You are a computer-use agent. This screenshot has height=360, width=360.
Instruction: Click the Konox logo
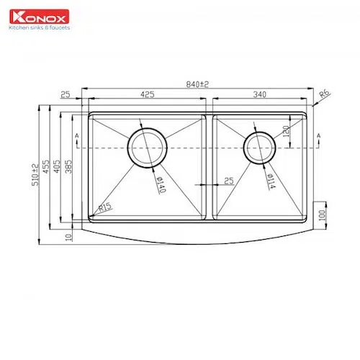[40, 17]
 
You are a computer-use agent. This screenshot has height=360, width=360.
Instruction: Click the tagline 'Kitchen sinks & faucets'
[40, 27]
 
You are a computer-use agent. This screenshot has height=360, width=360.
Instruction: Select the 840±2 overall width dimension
[197, 84]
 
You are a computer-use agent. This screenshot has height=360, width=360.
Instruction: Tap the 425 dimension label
[148, 94]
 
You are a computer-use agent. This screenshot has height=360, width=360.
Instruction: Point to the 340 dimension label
[260, 94]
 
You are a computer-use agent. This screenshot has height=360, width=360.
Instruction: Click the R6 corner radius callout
[325, 94]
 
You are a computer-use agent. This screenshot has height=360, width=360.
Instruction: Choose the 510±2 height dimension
[35, 175]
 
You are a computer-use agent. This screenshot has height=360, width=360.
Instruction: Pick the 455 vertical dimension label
[46, 166]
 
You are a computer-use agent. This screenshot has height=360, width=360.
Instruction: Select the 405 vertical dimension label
[57, 166]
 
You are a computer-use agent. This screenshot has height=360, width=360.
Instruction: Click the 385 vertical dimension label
[68, 166]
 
